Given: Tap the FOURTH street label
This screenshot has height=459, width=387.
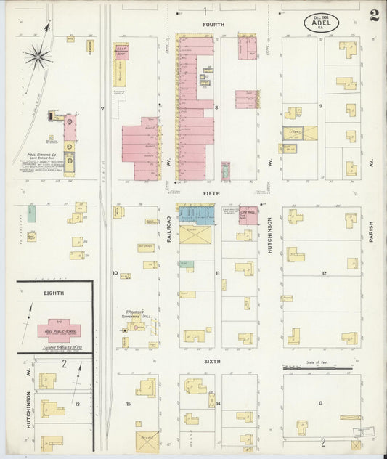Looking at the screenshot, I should (213, 24).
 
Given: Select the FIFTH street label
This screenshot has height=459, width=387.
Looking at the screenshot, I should (211, 194).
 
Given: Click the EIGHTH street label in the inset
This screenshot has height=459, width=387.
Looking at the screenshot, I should (54, 293).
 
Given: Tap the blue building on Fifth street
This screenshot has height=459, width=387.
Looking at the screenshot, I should (194, 214).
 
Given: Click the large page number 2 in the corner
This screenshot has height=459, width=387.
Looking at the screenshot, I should (372, 16).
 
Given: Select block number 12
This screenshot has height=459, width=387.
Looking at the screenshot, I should (324, 274).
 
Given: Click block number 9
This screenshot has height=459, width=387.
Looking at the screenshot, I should (320, 105).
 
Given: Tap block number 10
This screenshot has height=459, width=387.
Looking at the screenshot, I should (115, 273).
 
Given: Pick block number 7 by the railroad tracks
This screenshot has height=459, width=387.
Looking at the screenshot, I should (103, 109).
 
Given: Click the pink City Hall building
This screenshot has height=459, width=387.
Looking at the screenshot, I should (247, 215).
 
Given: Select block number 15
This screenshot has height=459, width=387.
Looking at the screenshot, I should (128, 403).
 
